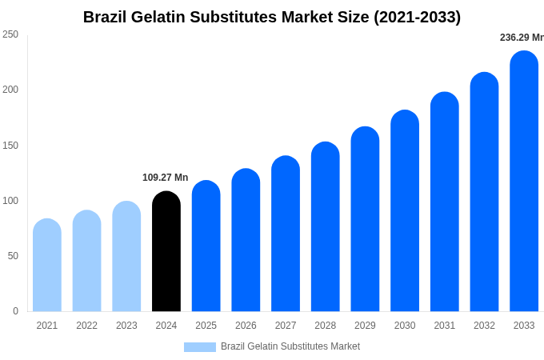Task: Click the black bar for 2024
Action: [166, 251]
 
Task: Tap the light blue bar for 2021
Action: [47, 265]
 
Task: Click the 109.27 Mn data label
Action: [165, 178]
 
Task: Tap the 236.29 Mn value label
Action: [522, 38]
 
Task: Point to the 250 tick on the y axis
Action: [10, 34]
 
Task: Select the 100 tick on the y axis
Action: [10, 201]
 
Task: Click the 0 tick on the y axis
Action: [15, 311]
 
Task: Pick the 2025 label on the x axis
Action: [206, 326]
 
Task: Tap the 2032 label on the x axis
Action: [484, 326]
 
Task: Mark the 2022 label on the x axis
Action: [86, 326]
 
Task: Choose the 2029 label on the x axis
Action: [365, 326]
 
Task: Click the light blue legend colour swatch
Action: [199, 347]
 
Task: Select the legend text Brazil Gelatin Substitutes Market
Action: [290, 346]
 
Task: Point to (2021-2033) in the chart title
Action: [417, 17]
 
